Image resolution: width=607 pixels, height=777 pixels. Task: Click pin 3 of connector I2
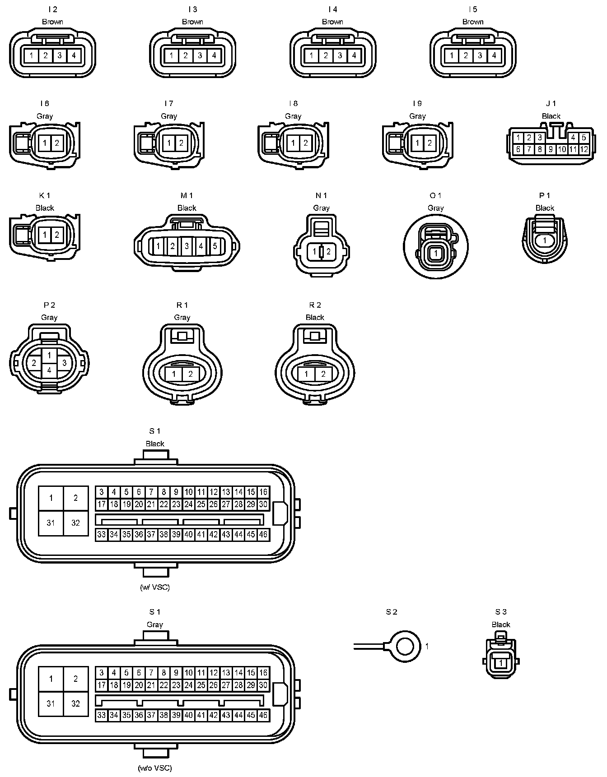click(60, 56)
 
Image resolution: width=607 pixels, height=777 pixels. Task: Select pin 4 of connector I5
click(494, 56)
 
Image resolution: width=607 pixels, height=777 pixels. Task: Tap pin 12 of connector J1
click(584, 149)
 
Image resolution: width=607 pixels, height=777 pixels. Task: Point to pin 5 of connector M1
click(215, 246)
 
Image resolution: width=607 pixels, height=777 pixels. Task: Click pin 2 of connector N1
click(328, 252)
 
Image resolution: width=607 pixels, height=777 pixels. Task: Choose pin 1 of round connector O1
click(436, 254)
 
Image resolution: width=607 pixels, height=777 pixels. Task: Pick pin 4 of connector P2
click(49, 371)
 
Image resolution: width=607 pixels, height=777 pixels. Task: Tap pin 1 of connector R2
click(307, 374)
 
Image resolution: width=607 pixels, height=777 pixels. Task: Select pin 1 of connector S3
click(501, 663)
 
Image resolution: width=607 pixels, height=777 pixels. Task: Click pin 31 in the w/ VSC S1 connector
click(51, 523)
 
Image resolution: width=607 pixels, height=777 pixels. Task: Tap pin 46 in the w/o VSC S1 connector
click(263, 715)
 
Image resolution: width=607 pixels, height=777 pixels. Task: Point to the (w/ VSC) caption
click(155, 587)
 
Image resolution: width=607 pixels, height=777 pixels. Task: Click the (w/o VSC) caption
click(155, 768)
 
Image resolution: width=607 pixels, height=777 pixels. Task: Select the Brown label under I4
click(333, 22)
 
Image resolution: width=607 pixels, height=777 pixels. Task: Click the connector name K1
click(45, 195)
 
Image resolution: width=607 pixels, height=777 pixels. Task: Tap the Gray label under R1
click(182, 318)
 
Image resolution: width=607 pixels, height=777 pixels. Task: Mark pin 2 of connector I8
click(306, 143)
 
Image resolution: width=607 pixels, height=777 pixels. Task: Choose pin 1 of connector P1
click(545, 240)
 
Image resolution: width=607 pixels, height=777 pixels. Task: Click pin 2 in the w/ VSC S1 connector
click(75, 498)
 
